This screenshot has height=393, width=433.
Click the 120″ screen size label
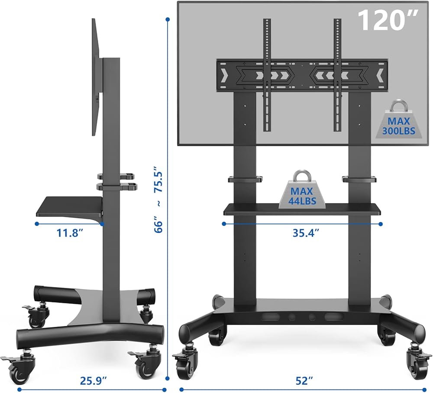tap(388, 20)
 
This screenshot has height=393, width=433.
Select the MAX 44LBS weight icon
tap(301, 190)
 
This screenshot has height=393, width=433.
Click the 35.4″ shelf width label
tap(306, 233)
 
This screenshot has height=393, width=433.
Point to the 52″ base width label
tap(304, 381)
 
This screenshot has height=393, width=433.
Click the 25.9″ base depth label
tap(93, 381)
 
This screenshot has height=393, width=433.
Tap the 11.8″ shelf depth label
tap(70, 233)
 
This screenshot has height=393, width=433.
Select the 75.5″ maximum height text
tap(159, 179)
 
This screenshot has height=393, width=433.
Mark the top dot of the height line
tap(168, 19)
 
